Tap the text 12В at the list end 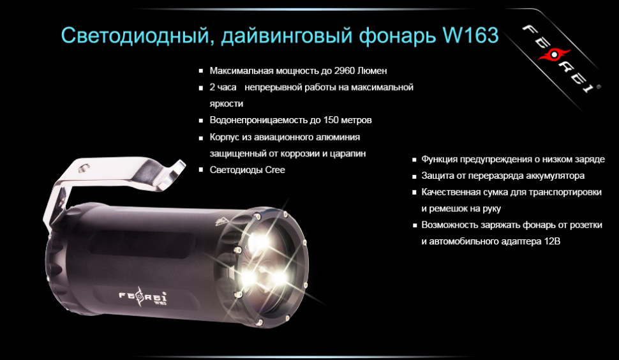pos(551,242)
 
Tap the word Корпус pos(224,137)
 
